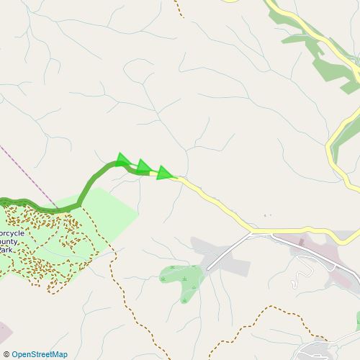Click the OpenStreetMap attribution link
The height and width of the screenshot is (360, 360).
pyautogui.click(x=39, y=354)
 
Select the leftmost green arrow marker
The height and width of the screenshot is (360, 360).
pyautogui.click(x=123, y=159)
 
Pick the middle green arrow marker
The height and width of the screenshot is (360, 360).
pyautogui.click(x=143, y=166)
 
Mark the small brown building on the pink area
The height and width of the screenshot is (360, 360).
pyautogui.click(x=301, y=245)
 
